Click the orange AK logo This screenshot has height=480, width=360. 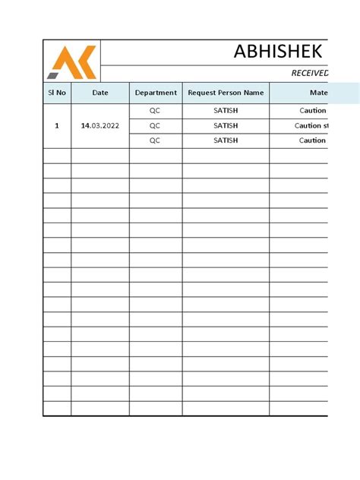click(x=71, y=62)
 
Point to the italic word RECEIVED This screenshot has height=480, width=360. click(x=310, y=74)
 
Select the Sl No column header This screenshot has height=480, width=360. click(x=57, y=93)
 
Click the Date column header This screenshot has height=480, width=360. click(x=100, y=93)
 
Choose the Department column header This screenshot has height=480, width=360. click(x=156, y=93)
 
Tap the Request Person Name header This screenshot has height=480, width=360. click(x=226, y=93)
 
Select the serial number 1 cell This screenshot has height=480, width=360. click(x=57, y=125)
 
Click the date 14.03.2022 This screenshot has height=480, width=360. click(x=100, y=125)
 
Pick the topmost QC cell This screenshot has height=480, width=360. click(x=155, y=111)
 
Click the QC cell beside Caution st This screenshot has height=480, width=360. click(x=155, y=125)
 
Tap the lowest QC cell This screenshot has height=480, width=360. click(x=155, y=141)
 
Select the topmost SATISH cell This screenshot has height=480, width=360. click(x=226, y=111)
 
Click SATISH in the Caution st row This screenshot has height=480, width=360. click(x=226, y=125)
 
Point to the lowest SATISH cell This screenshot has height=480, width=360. click(x=226, y=141)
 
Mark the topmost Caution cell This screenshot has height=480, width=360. click(x=312, y=111)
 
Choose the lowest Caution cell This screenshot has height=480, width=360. click(x=312, y=141)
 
